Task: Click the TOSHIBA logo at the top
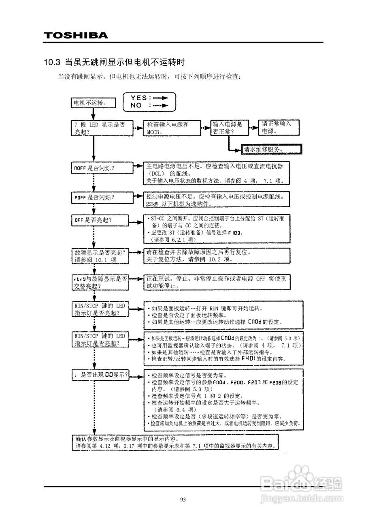click(76, 35)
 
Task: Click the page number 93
click(183, 500)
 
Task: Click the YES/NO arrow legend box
click(149, 101)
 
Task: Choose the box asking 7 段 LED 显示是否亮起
click(101, 128)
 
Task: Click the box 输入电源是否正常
click(229, 128)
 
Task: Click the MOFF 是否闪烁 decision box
click(101, 168)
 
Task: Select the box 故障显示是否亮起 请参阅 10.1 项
click(101, 255)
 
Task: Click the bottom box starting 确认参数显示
click(178, 442)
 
